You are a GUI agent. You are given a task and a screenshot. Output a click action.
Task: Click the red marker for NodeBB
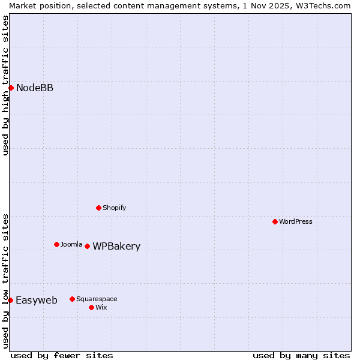pos(11,88)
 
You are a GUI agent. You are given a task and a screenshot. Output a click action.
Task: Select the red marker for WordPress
pos(275,221)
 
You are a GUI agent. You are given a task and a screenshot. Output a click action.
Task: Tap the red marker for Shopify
pos(98,208)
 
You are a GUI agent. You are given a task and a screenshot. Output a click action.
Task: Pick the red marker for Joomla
pos(56,244)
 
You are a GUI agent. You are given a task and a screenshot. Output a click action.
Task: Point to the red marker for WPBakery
pos(87,246)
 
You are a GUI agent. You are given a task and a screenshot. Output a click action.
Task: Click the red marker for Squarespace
pos(72,299)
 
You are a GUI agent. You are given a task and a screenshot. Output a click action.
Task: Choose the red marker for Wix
pos(91,307)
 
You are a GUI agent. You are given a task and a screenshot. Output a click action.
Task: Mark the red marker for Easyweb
pos(11,300)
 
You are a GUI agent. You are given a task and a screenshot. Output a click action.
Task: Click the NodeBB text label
pos(35,88)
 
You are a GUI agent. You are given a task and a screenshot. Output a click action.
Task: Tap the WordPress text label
pos(296,221)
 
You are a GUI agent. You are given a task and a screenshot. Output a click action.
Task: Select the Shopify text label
pos(114,208)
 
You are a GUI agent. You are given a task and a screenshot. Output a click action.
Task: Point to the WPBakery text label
pos(116,247)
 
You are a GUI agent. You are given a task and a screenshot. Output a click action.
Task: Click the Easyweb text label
pos(37,301)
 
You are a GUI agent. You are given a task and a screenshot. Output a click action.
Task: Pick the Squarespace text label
pos(97,299)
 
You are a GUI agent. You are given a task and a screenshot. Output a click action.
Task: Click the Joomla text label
pos(71,244)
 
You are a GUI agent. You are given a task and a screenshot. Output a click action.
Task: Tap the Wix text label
pos(101,307)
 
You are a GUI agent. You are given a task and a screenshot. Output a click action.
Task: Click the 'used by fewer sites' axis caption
pos(62,355)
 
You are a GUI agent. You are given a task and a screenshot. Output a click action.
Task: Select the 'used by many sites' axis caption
pos(301,355)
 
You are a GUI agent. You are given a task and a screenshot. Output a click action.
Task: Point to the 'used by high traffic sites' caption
pos(5,85)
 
